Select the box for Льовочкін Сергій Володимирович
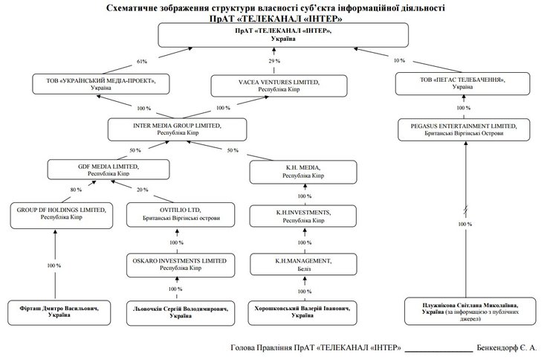[176, 311]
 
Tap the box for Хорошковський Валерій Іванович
[301, 311]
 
